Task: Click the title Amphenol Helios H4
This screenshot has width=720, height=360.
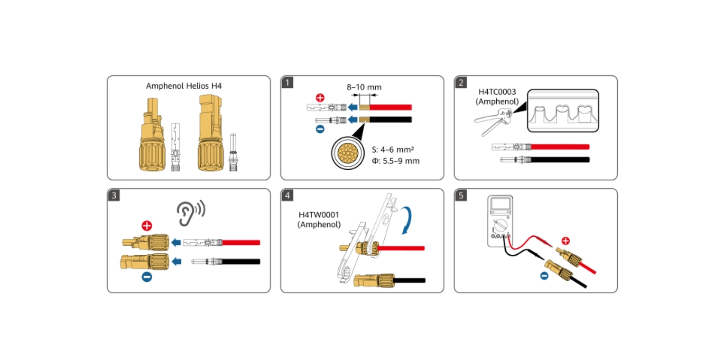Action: (x=184, y=86)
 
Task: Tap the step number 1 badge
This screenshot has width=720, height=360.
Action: (x=287, y=82)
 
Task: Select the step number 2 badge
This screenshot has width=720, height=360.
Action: (x=461, y=82)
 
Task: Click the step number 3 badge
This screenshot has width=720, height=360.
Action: (x=114, y=195)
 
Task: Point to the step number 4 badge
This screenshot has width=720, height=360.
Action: (x=287, y=195)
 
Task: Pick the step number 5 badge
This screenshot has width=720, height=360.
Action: (x=461, y=195)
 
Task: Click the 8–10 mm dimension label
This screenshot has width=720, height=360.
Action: (x=364, y=87)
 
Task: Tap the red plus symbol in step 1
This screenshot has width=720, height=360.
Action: (x=320, y=98)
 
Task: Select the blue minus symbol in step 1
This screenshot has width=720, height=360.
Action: (x=320, y=129)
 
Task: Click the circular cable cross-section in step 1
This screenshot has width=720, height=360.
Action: (x=348, y=153)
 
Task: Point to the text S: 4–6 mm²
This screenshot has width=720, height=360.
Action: (x=392, y=149)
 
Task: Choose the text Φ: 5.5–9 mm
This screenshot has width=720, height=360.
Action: (x=395, y=161)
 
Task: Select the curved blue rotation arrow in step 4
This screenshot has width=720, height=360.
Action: (x=407, y=220)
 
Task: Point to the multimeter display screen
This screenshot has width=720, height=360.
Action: (x=500, y=205)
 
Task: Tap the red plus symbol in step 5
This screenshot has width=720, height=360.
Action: (x=566, y=241)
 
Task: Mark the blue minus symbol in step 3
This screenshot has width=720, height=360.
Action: (x=147, y=277)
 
